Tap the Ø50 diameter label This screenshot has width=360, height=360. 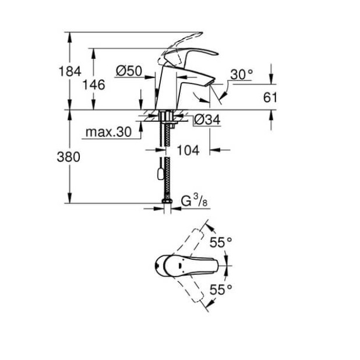pyautogui.click(x=129, y=70)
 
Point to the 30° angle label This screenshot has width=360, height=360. pyautogui.click(x=242, y=74)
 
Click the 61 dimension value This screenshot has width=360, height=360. pyautogui.click(x=270, y=97)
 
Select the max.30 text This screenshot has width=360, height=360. pyautogui.click(x=109, y=132)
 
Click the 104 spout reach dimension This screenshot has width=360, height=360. pyautogui.click(x=188, y=150)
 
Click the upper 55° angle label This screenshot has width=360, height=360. pyautogui.click(x=221, y=242)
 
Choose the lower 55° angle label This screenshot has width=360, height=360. pyautogui.click(x=221, y=288)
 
